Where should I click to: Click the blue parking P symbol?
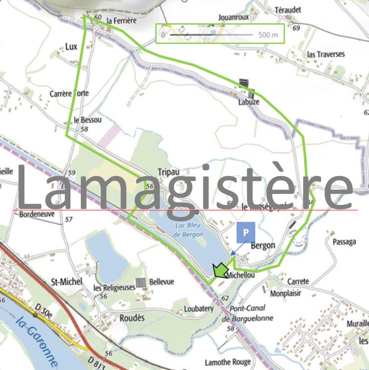pyautogui.click(x=245, y=233)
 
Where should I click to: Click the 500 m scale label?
pyautogui.click(x=268, y=35)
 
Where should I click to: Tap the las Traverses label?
pyautogui.click(x=326, y=54)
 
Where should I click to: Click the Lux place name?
pyautogui.click(x=71, y=47)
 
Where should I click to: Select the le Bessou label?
pyautogui.click(x=87, y=120)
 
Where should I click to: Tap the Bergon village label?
pyautogui.click(x=262, y=245)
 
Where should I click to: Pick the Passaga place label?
pyautogui.click(x=344, y=242)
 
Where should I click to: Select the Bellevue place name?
pyautogui.click(x=162, y=282)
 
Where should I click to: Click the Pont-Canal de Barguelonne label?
pyautogui.click(x=247, y=313)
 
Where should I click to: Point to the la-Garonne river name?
pyautogui.click(x=38, y=341)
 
